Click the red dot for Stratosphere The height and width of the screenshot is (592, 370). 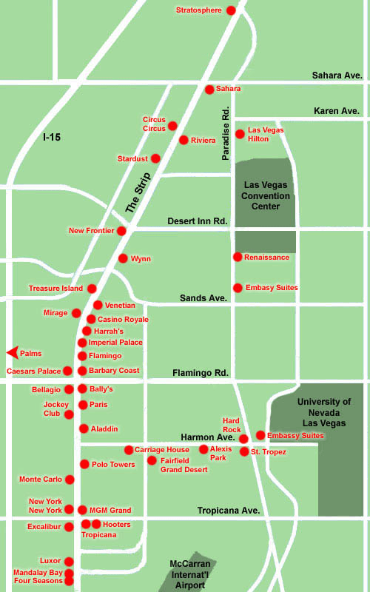pos(231,10)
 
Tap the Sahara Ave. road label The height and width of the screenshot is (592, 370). pos(337,75)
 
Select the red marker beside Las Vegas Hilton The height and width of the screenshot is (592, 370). pos(240,134)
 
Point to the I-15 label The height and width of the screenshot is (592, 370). pos(53,137)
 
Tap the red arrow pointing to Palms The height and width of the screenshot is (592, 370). pos(11,353)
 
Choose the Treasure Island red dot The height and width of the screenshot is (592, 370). pos(92,289)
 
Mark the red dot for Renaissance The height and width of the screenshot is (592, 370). pos(238,257)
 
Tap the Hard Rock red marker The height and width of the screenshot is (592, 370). pos(243,439)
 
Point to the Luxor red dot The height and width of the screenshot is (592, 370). pos(69,562)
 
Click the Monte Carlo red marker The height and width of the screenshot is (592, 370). pos(70,480)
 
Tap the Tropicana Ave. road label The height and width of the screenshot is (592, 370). pos(229,511)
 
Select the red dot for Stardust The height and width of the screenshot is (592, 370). pos(155,158)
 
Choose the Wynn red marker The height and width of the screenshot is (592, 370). pos(123,258)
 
